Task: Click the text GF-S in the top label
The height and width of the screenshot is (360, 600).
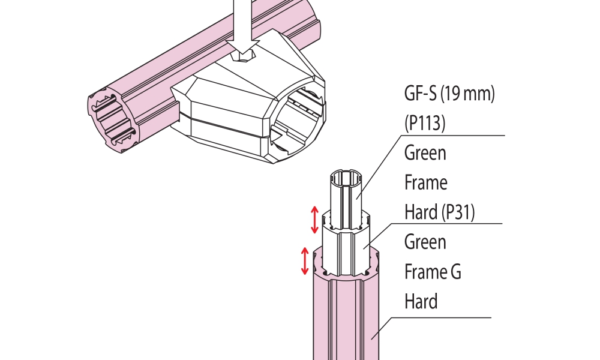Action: pyautogui.click(x=420, y=94)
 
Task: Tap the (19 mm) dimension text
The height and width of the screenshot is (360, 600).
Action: pyautogui.click(x=468, y=94)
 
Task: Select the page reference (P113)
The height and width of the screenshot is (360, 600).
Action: pyautogui.click(x=425, y=123)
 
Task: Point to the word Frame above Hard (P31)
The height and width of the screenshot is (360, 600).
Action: pyautogui.click(x=426, y=182)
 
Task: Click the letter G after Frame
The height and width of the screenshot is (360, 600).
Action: pyautogui.click(x=455, y=272)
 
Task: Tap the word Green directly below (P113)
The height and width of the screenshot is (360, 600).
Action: pyautogui.click(x=425, y=153)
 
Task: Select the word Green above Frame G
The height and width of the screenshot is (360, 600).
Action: pyautogui.click(x=425, y=242)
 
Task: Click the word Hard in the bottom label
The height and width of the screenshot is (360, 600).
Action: pyautogui.click(x=421, y=301)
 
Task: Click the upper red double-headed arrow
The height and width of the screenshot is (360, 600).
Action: pyautogui.click(x=314, y=220)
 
